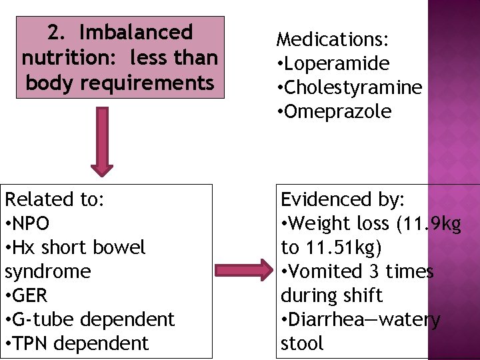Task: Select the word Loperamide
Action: click(336, 64)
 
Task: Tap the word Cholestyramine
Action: click(352, 88)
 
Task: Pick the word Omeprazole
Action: click(337, 112)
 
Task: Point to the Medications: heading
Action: click(333, 40)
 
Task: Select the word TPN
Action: click(37, 343)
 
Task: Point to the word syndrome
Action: click(47, 271)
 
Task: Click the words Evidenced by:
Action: click(347, 199)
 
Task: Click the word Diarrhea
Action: click(323, 319)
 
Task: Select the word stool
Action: click(302, 343)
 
